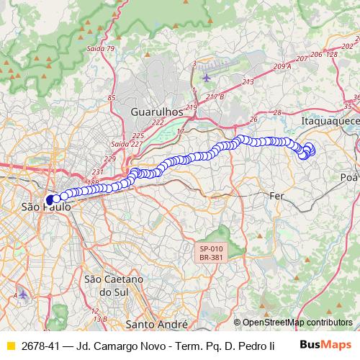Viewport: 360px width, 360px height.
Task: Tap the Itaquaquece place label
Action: [x=330, y=121]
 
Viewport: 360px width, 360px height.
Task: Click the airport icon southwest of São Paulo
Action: [x=22, y=294]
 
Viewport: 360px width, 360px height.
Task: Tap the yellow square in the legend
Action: [x=10, y=346]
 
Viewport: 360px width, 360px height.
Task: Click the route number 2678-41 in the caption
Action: [x=40, y=346]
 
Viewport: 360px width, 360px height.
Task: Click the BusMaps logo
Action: [x=325, y=344]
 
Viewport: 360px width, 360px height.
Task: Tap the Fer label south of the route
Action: [x=277, y=195]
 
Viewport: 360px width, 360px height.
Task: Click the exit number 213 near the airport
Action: [x=248, y=83]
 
